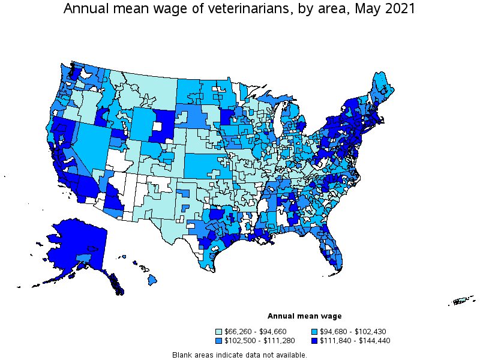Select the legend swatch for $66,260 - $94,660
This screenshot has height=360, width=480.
click(x=219, y=332)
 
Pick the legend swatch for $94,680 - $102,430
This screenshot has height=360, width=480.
click(x=315, y=332)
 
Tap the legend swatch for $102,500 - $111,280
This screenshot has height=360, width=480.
click(x=219, y=341)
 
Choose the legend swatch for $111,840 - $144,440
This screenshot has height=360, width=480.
click(x=315, y=341)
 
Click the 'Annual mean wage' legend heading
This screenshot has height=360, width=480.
click(x=304, y=316)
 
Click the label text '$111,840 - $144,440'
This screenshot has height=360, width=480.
click(x=352, y=341)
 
